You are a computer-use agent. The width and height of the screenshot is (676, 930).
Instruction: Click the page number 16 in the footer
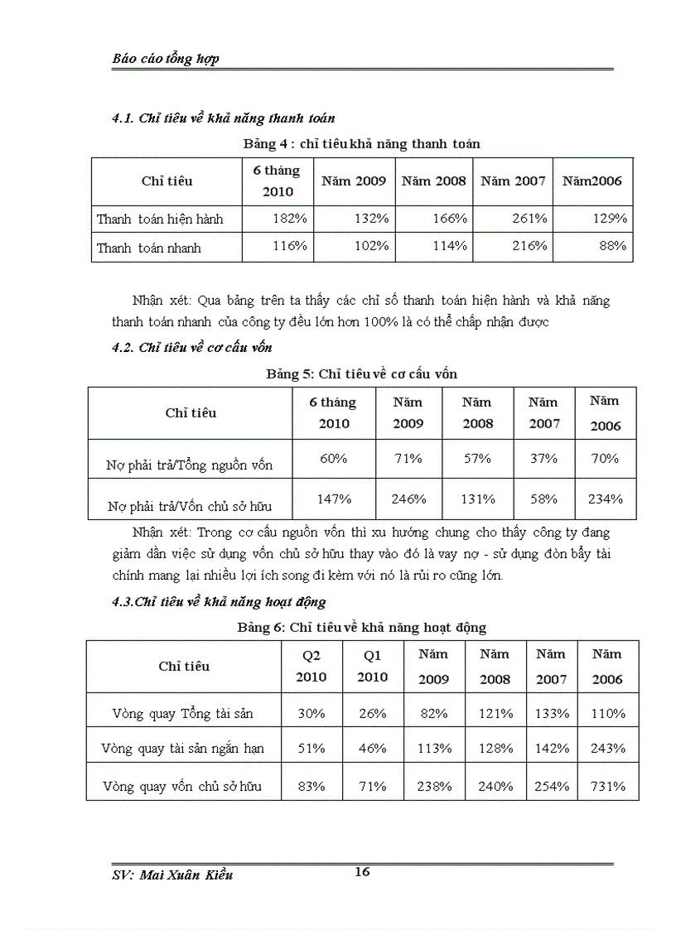pos(361,871)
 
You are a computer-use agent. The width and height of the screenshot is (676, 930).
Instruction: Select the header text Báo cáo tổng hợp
pos(166,59)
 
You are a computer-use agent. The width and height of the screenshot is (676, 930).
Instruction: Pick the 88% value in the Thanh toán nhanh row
pos(611,246)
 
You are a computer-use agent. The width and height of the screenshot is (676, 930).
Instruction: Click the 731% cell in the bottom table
pos(607,786)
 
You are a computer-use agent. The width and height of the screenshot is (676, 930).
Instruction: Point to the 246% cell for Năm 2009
pos(408,499)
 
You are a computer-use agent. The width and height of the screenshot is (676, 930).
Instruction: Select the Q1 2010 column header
pos(372,666)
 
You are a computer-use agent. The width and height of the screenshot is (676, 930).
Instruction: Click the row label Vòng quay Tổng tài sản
pos(182,713)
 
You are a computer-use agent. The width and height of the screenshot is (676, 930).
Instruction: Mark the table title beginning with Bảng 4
pos(361,143)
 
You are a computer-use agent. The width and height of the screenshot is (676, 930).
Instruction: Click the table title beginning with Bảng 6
pos(361,628)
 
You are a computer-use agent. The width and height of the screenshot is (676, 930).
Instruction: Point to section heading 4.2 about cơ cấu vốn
pos(192,348)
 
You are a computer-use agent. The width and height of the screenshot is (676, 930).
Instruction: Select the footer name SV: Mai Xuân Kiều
pos(172,875)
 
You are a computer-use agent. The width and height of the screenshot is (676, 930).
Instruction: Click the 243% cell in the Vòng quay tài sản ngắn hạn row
pos(607,748)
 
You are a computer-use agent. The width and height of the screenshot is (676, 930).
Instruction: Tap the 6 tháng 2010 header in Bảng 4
pos(277,181)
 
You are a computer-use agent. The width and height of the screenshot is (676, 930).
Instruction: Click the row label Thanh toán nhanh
pos(148,248)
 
